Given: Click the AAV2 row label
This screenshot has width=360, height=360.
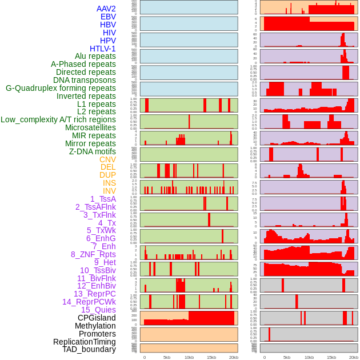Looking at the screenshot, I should click(106, 9).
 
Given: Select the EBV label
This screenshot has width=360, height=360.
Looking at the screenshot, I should click(107, 17).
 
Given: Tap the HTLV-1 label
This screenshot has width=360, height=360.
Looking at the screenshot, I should click(102, 49).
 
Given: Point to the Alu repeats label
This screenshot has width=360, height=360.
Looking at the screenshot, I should click(95, 56).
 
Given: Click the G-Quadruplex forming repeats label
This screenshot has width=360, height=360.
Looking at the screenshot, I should click(61, 88).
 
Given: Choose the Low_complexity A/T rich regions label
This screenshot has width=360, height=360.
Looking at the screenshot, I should click(58, 119).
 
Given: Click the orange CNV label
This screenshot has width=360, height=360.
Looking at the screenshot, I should click(107, 159).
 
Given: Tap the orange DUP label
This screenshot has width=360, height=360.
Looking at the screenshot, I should click(107, 175).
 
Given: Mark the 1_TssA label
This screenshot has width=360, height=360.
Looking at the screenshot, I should click(103, 199).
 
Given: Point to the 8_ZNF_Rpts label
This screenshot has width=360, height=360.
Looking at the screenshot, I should click(93, 254).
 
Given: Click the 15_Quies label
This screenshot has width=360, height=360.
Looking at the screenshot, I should click(98, 310).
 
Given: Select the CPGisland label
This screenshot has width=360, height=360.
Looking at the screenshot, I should click(97, 318).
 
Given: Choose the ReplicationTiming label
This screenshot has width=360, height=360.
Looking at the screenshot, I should click(84, 342).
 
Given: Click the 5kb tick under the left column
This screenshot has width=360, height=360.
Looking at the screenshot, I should click(167, 357).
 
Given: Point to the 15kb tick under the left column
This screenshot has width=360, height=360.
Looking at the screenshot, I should click(211, 357).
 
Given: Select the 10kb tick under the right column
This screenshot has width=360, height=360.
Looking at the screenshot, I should click(309, 357).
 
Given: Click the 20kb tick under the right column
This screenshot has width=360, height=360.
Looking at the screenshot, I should click(354, 357).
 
